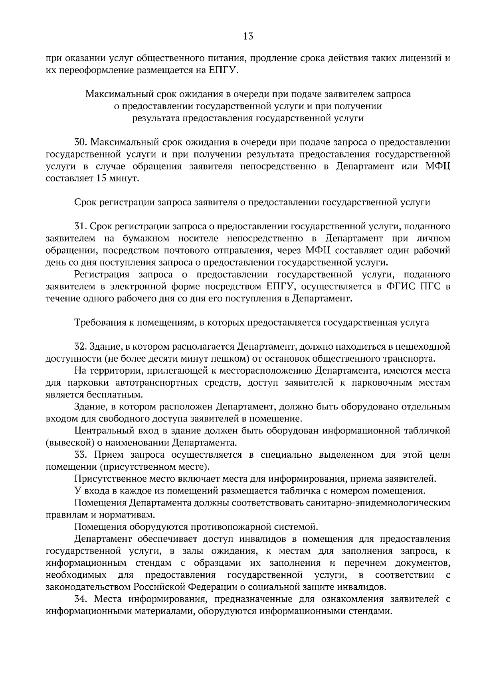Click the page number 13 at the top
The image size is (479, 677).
(x=247, y=37)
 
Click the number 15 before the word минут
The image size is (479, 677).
(x=101, y=179)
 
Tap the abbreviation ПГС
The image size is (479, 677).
(x=432, y=287)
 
